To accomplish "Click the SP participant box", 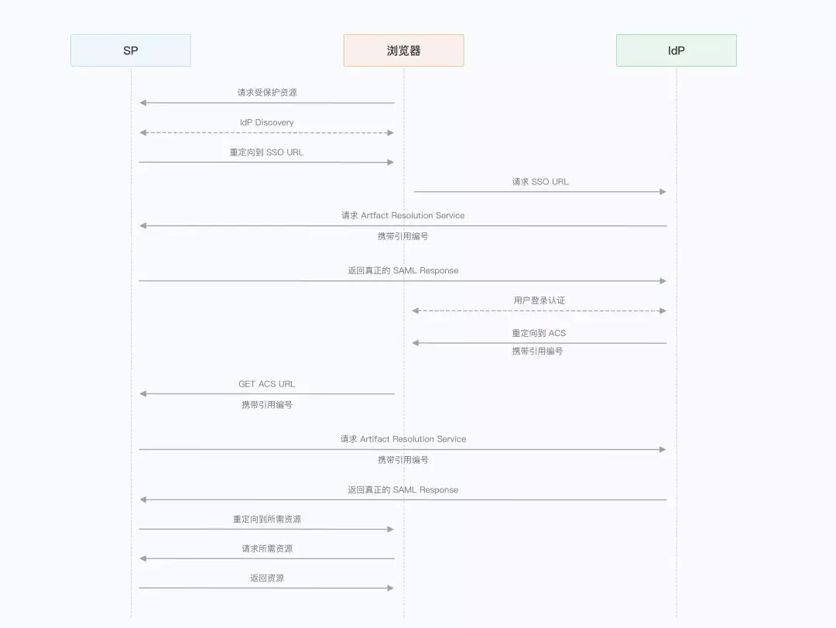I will tap(130, 50).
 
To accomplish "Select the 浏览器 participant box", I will tap(403, 50).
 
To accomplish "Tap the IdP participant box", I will tap(676, 50).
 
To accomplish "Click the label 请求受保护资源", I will tap(267, 92).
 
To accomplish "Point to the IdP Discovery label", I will tap(267, 122).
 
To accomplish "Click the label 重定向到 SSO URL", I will tap(267, 153).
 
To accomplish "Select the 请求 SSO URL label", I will tap(540, 182).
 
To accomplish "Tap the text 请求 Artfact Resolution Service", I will tap(403, 215).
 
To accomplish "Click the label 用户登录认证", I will tap(540, 300).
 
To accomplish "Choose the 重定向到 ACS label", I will tap(539, 333).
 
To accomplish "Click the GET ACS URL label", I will tap(267, 384).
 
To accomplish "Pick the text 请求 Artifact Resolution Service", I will tap(403, 439).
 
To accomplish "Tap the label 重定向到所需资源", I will tap(267, 520).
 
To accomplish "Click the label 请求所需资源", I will tap(267, 549).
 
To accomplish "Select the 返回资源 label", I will tap(267, 578).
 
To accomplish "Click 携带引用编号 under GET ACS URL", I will tap(267, 404).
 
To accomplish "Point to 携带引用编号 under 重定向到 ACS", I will tap(537, 352).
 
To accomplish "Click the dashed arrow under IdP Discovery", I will tap(267, 132).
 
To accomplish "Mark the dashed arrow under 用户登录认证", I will tap(540, 311).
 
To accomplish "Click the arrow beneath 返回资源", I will tap(267, 588).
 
